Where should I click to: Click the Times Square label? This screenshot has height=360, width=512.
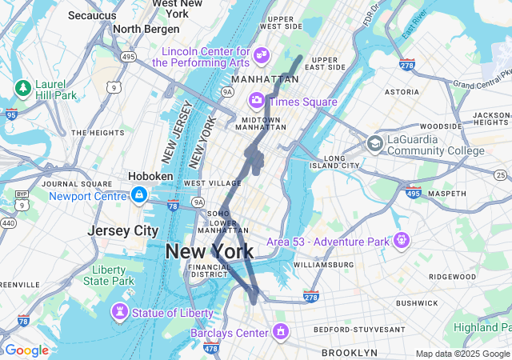[x=302, y=102]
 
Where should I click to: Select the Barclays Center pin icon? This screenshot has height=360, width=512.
[x=280, y=330]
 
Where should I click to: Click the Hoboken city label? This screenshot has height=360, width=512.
[x=150, y=176]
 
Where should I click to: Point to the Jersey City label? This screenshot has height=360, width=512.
[x=122, y=230]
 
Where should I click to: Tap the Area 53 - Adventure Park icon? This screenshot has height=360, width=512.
[x=401, y=239]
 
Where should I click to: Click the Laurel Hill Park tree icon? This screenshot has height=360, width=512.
[x=23, y=86]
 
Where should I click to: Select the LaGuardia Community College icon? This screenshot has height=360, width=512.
[x=374, y=144]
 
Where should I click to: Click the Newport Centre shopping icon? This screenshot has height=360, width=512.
[x=139, y=195]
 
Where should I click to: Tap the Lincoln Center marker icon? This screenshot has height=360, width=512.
[x=262, y=55]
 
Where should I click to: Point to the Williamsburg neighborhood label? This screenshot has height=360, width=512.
[x=323, y=264]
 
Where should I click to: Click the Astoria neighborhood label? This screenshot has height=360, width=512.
[x=402, y=92]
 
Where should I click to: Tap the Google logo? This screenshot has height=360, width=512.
[x=26, y=350]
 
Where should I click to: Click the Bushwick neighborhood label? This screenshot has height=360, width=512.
[x=416, y=302]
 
